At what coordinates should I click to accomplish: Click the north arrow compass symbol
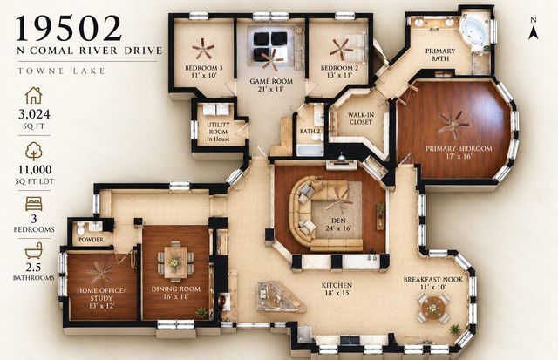tap(533, 29)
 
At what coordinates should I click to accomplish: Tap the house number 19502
tap(69, 28)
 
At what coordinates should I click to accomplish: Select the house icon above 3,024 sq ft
tap(34, 95)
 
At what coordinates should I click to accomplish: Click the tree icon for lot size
tap(34, 151)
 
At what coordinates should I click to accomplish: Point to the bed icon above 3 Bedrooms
tap(34, 204)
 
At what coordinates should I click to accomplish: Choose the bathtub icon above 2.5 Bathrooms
tap(34, 250)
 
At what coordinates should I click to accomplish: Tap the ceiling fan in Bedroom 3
tap(203, 49)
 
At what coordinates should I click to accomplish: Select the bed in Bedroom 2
tap(352, 46)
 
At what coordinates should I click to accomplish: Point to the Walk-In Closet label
tap(360, 119)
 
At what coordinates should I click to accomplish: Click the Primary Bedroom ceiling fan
tap(453, 125)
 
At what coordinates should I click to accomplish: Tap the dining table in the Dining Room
tap(174, 262)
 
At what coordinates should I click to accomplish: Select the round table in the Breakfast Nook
tap(433, 308)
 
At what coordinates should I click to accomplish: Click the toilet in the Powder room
tap(81, 228)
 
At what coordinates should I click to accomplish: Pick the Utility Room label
tap(218, 132)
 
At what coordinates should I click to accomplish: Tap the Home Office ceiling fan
tap(99, 273)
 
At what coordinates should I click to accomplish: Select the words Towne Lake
tap(61, 71)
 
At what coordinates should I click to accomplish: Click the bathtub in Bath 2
tap(310, 150)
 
